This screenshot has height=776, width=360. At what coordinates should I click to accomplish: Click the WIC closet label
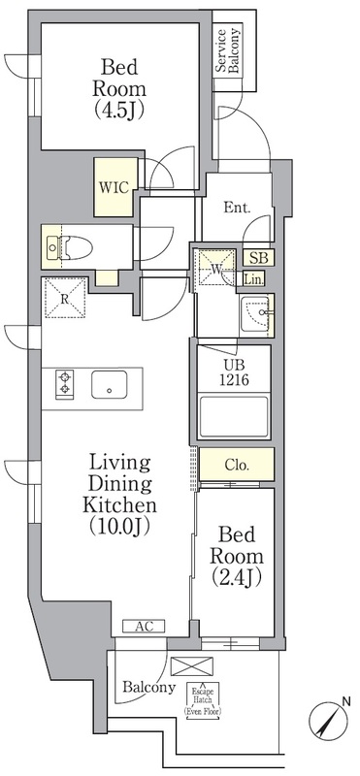pos(114,187)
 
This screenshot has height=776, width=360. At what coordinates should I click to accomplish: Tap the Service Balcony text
pos(228,51)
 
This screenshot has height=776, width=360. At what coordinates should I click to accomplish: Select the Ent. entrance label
pos(237,207)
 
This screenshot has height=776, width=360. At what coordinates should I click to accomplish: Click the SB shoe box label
pos(258,257)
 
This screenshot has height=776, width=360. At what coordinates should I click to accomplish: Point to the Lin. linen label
pos(253,279)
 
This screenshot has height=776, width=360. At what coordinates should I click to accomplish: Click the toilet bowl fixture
pos(76,246)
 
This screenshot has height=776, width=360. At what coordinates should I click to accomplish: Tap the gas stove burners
pos(65,382)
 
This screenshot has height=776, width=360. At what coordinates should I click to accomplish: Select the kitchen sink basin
pos(110,384)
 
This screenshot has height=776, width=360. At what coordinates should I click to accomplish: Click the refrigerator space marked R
pos(65,298)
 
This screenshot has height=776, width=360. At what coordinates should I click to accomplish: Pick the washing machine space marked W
pos(215,268)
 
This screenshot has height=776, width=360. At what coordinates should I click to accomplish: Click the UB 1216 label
pos(234,372)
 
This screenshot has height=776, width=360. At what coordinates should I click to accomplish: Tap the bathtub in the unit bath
pos(234,416)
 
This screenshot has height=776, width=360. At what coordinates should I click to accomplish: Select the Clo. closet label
pos(237,466)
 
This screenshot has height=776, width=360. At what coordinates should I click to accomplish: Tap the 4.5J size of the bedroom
pos(118,111)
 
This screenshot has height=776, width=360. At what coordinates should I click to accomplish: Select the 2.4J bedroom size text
pos(236,576)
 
